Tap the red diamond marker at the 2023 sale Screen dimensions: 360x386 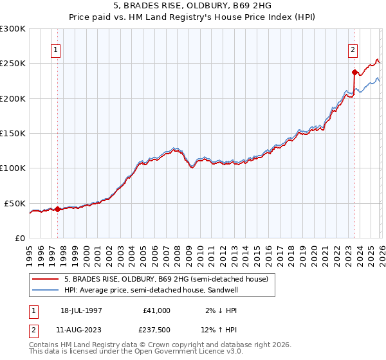coord(354,72)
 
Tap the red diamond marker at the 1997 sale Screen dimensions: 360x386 coord(57,209)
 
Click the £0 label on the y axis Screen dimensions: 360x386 coord(19,238)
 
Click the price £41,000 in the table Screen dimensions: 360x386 coord(156,310)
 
